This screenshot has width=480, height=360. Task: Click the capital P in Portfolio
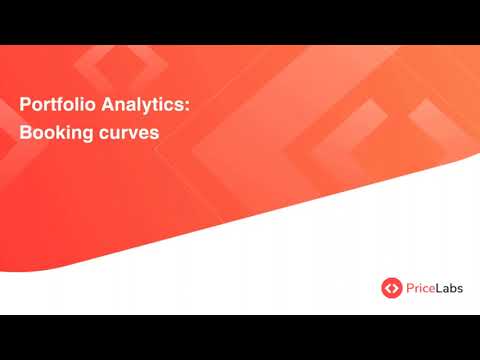pos(25,102)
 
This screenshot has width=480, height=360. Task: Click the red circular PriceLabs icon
pos(391,288)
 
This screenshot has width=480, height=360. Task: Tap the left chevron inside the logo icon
pos(387,288)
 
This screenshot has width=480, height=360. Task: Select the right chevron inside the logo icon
pos(395,288)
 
